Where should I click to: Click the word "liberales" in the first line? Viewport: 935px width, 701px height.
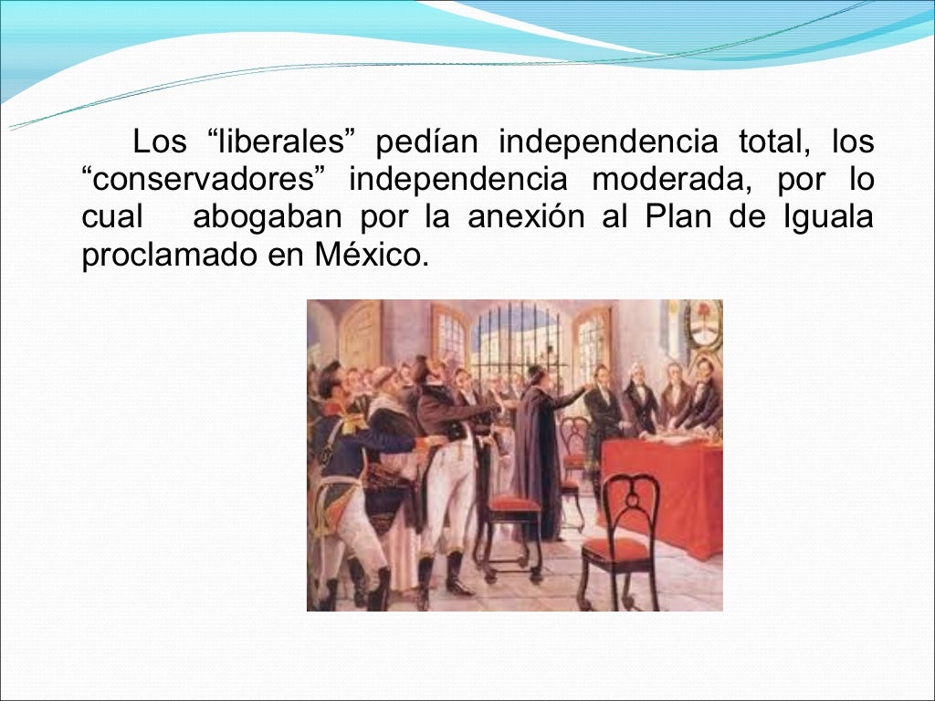pos(286,143)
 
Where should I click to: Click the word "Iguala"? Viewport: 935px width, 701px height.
pos(827,218)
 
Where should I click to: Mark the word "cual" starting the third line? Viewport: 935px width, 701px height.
pos(112,218)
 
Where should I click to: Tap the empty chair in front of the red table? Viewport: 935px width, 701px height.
pos(621,539)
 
